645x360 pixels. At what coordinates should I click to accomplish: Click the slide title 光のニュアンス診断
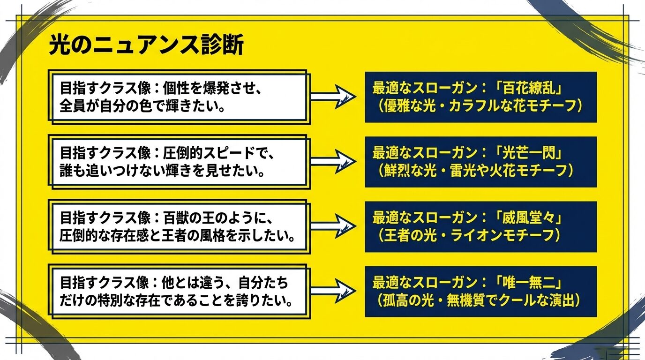[146, 46]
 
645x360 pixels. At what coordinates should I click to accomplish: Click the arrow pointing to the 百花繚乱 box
[333, 97]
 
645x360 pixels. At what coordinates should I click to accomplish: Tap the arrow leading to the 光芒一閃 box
[333, 162]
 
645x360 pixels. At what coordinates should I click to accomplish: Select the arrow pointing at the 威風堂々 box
[333, 226]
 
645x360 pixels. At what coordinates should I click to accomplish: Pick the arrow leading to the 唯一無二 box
[333, 291]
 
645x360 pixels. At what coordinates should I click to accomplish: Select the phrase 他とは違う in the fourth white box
[192, 283]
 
